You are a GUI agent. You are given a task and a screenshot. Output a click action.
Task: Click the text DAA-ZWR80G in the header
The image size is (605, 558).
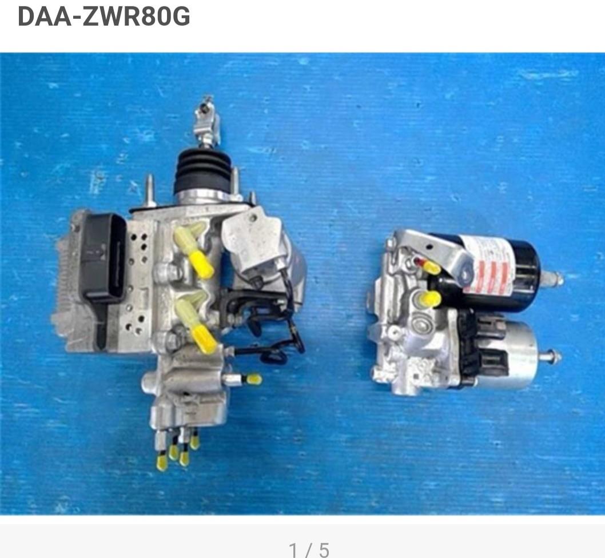104,17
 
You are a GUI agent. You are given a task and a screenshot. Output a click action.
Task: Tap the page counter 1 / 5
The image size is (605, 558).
309,550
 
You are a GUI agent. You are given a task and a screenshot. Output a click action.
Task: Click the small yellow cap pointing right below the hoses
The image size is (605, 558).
252,379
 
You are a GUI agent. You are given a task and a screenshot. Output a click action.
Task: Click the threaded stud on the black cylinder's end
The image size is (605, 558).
552,279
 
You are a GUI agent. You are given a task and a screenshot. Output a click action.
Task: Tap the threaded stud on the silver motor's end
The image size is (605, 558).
550,358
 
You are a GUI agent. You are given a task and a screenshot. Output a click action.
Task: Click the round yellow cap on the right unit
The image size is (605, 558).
430,298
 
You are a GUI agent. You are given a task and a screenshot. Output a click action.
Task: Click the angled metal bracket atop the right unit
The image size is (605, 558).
440,252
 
